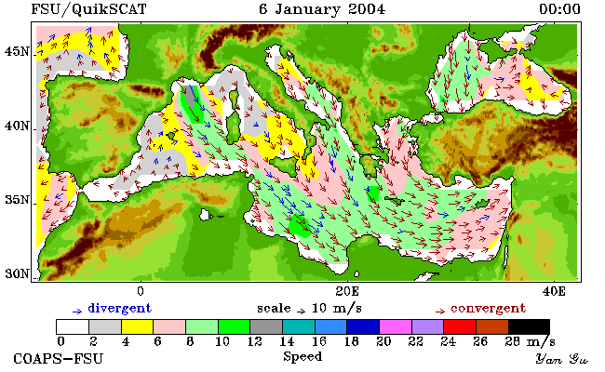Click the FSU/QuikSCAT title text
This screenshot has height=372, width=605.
(x=88, y=9)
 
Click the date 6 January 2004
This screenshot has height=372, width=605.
(x=322, y=9)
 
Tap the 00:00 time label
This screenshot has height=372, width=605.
(x=559, y=9)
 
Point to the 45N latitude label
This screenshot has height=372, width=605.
(x=17, y=52)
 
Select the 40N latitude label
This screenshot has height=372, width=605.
(x=17, y=126)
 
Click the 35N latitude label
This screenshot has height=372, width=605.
(x=17, y=201)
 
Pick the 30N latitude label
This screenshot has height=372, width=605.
(x=17, y=274)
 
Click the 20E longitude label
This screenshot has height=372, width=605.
(x=347, y=291)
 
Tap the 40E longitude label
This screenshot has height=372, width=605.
(x=554, y=291)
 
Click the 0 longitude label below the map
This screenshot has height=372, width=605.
(x=141, y=291)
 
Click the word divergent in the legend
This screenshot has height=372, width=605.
(x=120, y=309)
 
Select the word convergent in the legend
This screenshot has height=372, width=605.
(x=488, y=309)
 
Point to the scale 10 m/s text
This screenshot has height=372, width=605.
(x=309, y=309)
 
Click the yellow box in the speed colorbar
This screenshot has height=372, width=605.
(x=138, y=326)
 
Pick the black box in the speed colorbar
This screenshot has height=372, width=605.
(x=529, y=326)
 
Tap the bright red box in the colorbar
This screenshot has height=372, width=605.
(x=460, y=326)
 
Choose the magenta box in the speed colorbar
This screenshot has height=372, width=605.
(x=395, y=326)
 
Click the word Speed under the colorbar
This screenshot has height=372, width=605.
(x=302, y=356)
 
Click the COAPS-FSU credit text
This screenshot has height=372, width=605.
(x=59, y=359)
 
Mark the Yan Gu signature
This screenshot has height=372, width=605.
(x=562, y=359)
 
